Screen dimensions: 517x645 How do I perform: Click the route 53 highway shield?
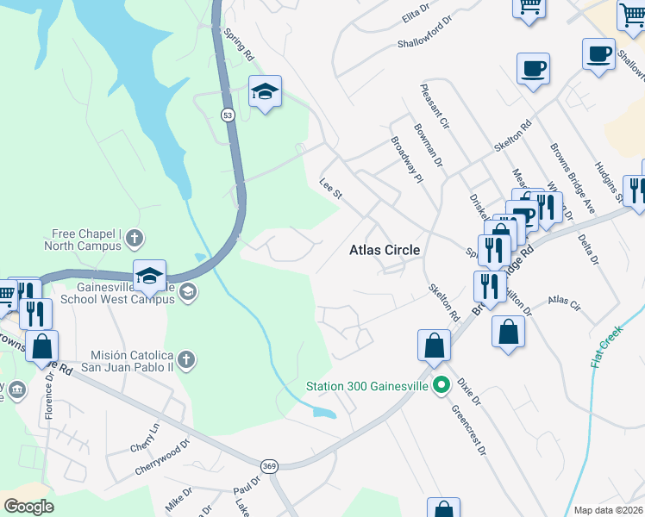click(x=228, y=115)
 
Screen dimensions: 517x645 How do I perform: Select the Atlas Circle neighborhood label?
click(x=385, y=250)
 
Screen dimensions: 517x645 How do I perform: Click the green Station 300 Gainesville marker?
click(x=442, y=385)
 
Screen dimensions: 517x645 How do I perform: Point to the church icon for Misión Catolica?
click(x=187, y=358)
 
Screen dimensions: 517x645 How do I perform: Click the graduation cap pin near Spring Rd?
click(x=265, y=90)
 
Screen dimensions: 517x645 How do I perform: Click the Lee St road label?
click(x=331, y=189)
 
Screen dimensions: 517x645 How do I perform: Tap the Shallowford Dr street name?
click(x=425, y=41)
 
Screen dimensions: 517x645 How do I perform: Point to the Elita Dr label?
click(x=415, y=15)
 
